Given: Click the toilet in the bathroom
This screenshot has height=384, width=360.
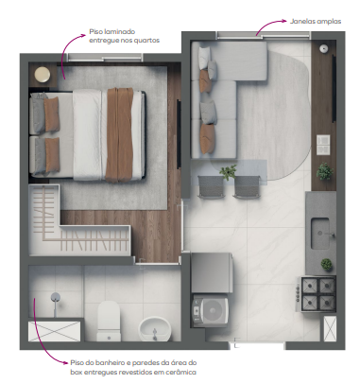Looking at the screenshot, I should point(109,318).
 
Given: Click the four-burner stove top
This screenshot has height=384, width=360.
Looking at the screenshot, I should point(318,291).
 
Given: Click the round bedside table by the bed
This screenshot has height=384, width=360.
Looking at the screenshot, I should point(43,75).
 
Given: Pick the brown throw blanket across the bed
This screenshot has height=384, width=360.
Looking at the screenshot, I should point(120,130).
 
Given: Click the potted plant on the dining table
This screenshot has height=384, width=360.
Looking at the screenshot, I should point(228,172).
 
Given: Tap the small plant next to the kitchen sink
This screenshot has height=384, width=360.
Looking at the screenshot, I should point(326,264).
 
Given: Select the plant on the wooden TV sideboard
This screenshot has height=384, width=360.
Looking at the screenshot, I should point(325,173).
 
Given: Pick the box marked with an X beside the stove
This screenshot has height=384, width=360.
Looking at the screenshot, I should point(329,328).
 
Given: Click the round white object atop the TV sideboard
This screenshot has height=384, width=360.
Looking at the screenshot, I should point(324,46).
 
